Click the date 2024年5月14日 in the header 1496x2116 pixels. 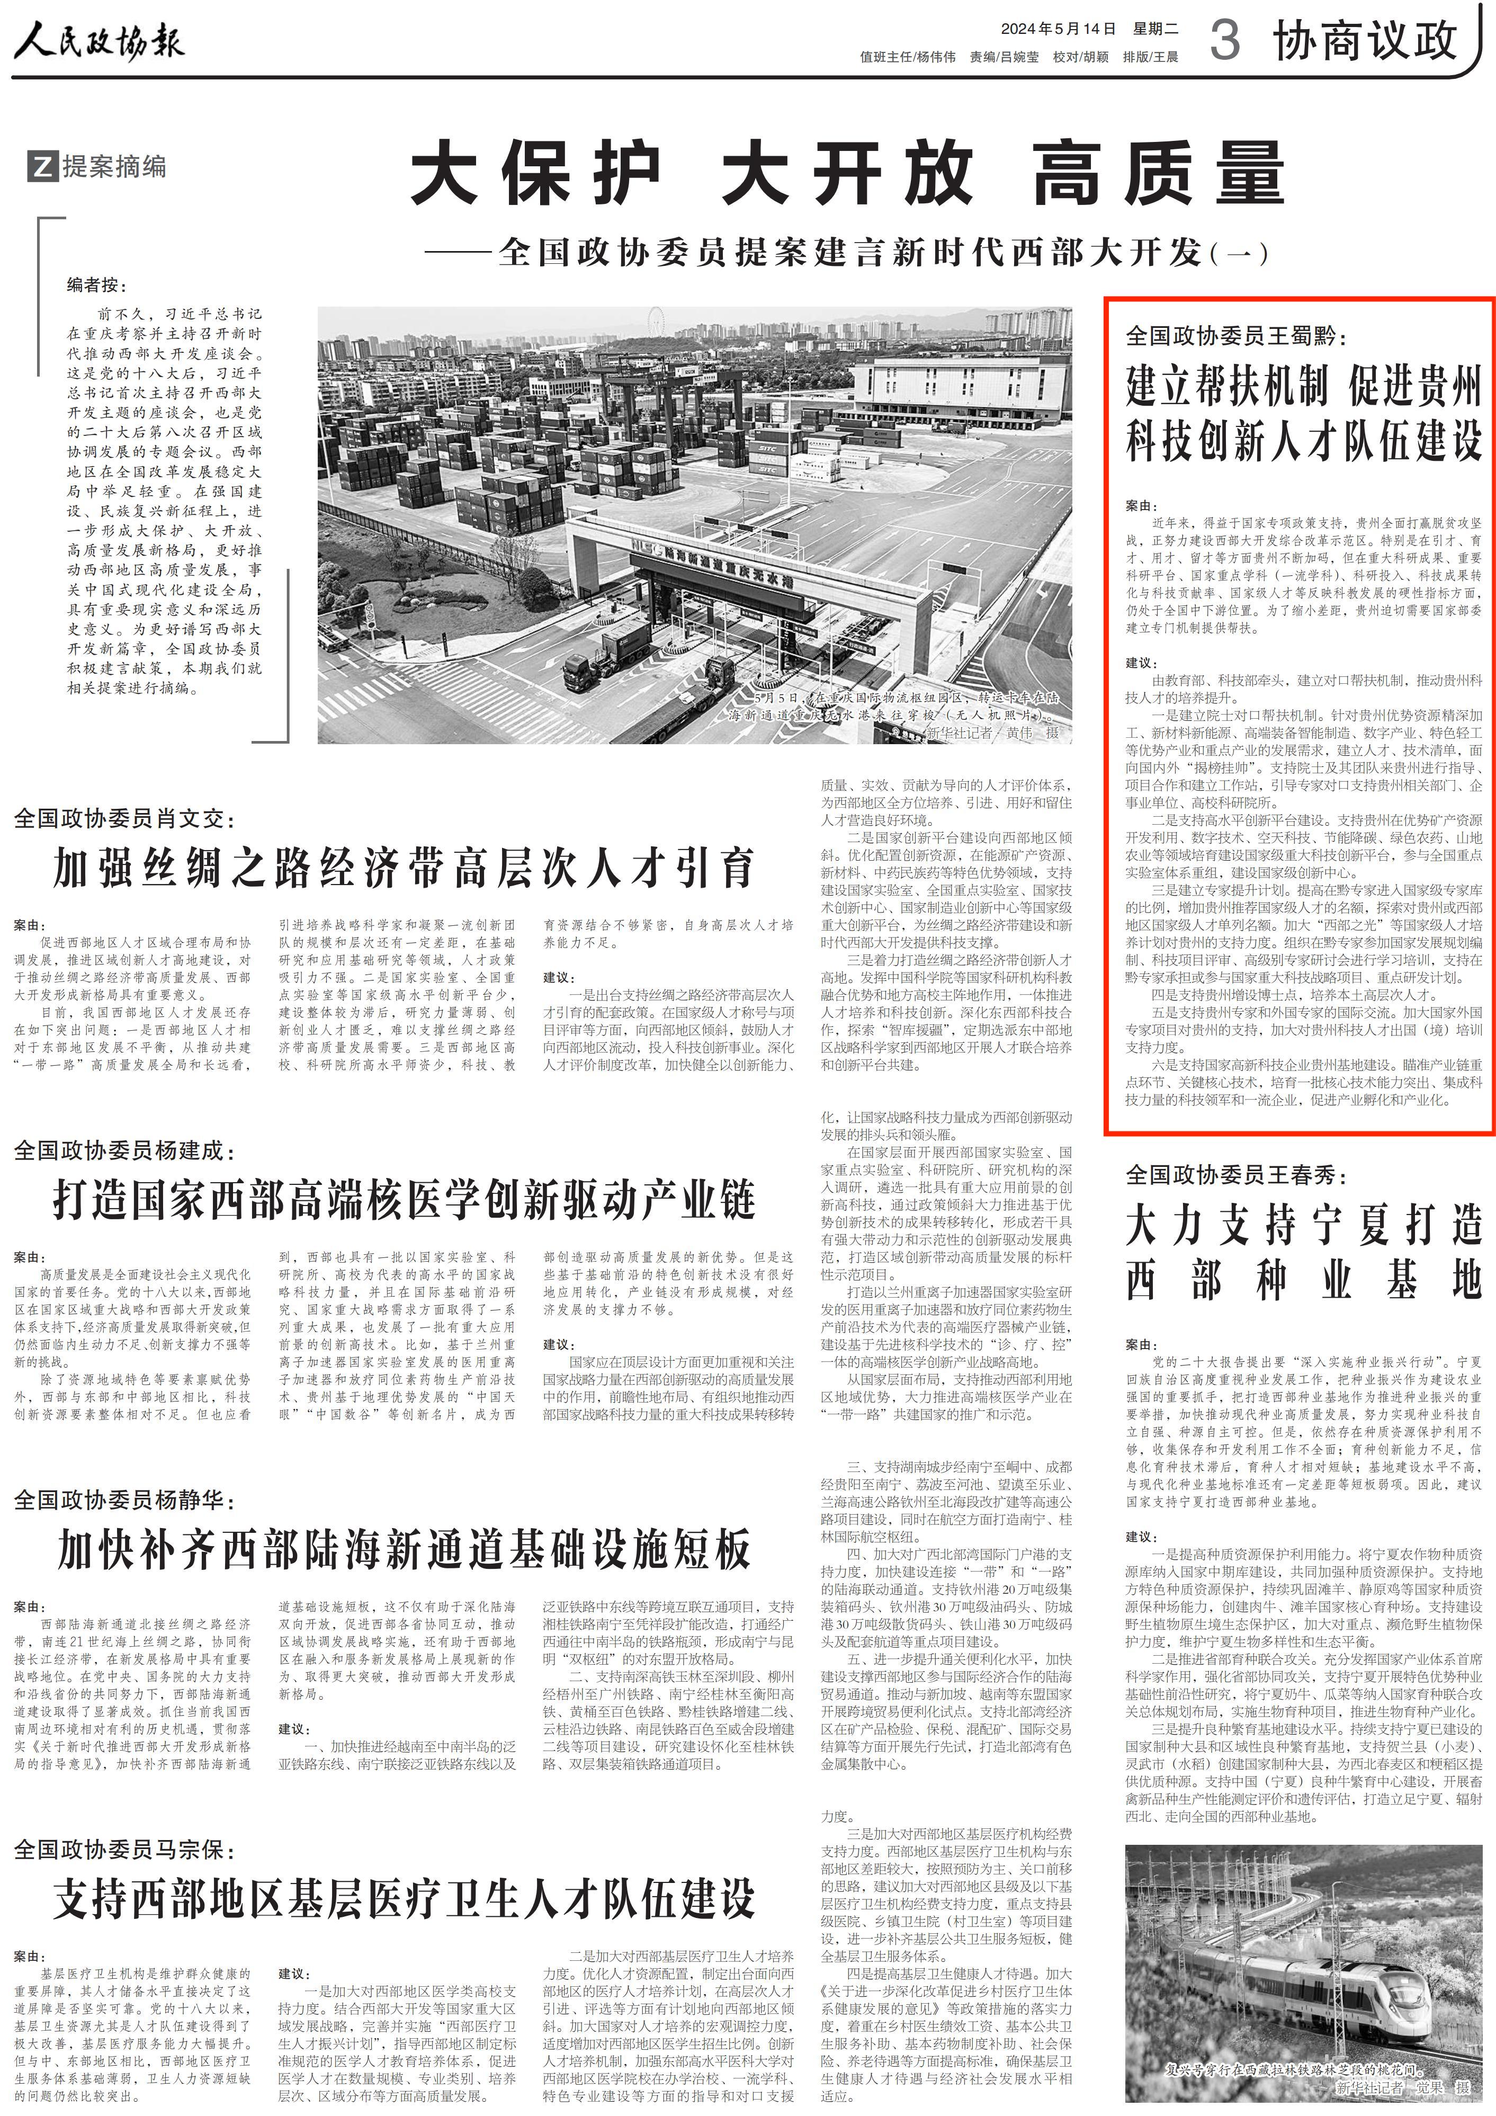coord(1058,29)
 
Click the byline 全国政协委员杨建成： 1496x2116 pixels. coord(126,1150)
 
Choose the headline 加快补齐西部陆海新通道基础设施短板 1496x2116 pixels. coord(404,1550)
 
